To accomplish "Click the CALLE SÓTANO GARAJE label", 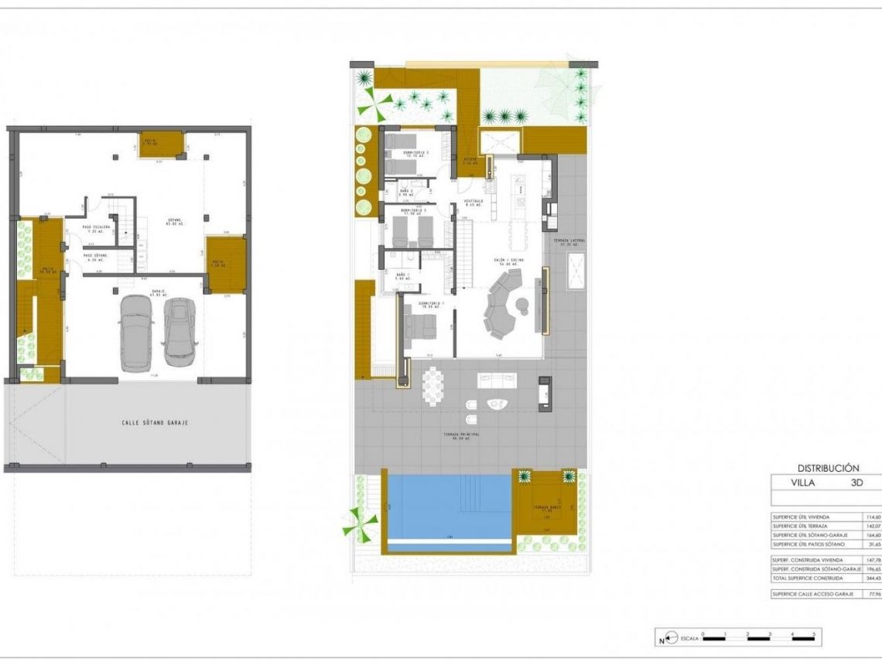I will click(x=155, y=423).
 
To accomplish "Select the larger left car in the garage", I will click(x=137, y=332).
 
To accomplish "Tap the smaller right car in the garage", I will click(x=179, y=332).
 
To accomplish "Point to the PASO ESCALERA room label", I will click(x=97, y=228).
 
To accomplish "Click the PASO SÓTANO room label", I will click(x=97, y=257).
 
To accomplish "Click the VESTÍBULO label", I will click(x=473, y=203).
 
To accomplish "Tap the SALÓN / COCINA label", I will click(x=511, y=261).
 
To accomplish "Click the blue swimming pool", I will click(x=449, y=506).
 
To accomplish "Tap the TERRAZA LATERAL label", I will click(x=568, y=242).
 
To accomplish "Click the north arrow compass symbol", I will click(x=662, y=639).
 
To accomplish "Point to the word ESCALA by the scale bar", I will click(x=688, y=639).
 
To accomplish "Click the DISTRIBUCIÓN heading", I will click(x=829, y=468).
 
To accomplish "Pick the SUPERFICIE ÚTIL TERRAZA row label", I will click(x=805, y=526).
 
